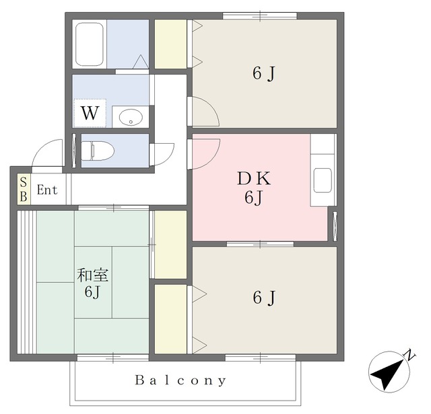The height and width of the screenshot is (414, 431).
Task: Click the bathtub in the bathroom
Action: [89, 44]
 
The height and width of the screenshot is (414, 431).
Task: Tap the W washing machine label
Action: [90, 113]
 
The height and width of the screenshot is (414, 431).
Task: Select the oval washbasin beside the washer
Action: [131, 118]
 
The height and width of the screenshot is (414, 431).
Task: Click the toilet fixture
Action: [98, 151]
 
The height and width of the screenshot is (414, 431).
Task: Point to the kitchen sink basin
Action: [323, 180]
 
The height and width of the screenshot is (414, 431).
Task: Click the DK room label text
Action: [254, 178]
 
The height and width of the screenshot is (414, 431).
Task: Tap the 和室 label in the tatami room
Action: [93, 275]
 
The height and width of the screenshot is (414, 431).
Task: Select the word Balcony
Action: [180, 380]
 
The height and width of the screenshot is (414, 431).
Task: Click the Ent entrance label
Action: [47, 190]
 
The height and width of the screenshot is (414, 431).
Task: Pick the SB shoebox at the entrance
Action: [24, 190]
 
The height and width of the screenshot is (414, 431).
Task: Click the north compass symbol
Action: [389, 372]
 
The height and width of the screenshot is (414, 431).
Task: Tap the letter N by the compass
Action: [410, 355]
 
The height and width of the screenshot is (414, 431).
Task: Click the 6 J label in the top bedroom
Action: [264, 73]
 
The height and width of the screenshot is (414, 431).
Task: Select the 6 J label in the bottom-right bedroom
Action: [264, 298]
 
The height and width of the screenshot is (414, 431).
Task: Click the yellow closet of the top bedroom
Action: [170, 44]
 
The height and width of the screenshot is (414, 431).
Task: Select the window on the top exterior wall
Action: [260, 16]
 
